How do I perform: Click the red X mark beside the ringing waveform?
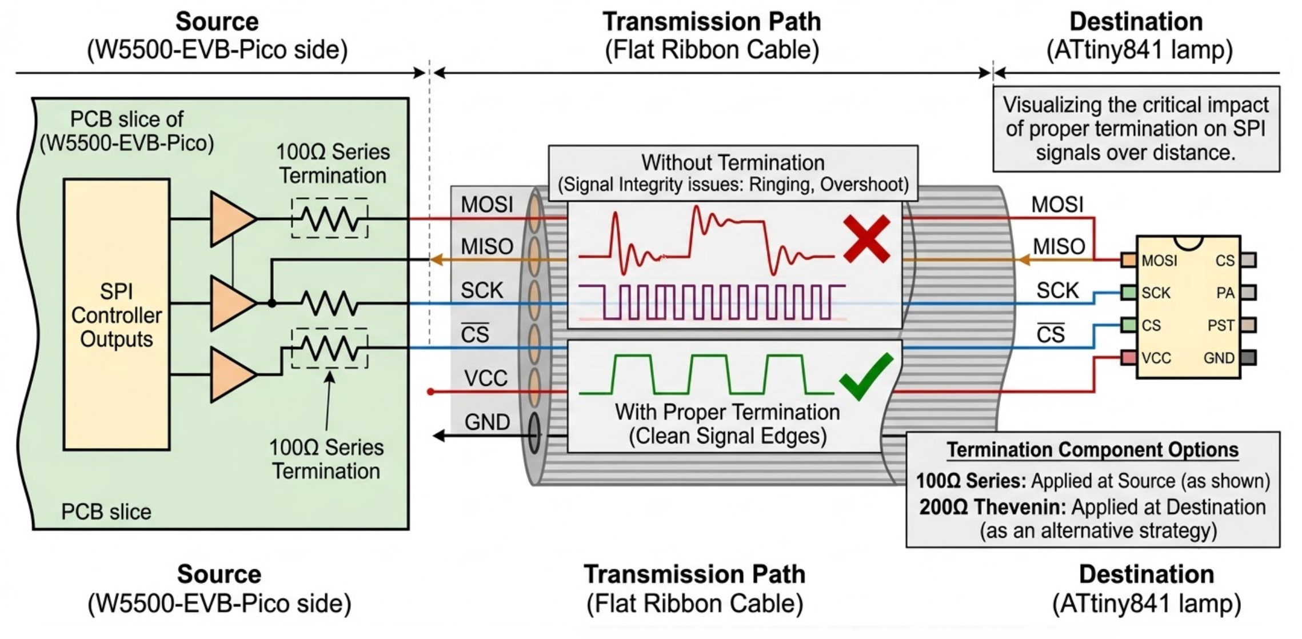(866, 238)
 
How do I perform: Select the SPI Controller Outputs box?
(117, 314)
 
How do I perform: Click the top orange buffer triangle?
(231, 219)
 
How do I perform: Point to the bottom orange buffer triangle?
(231, 374)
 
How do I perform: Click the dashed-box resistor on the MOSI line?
(330, 218)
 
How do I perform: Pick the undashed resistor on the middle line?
(330, 303)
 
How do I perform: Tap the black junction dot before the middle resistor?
(272, 303)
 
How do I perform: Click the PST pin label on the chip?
(1220, 326)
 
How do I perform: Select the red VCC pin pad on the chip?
(1128, 358)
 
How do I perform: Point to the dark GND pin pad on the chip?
(1249, 358)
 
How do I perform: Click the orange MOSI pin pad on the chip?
(1128, 261)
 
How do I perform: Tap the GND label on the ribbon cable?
(487, 422)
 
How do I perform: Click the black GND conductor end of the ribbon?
(534, 433)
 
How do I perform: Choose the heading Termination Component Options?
(1092, 450)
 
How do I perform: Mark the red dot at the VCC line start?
(430, 392)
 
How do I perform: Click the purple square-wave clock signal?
(712, 301)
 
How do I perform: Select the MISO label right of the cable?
(1059, 247)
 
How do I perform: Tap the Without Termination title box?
(733, 173)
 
